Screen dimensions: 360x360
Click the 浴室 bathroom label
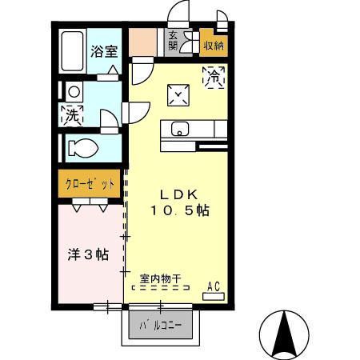(x=103, y=51)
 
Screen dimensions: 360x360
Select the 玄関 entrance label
(x=173, y=40)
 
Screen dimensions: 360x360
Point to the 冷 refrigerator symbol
(x=214, y=77)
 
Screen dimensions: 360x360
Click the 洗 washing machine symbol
(x=72, y=114)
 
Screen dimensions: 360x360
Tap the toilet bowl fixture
(x=81, y=148)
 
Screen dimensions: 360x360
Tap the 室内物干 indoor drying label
(x=160, y=279)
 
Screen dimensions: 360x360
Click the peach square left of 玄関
(x=145, y=41)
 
